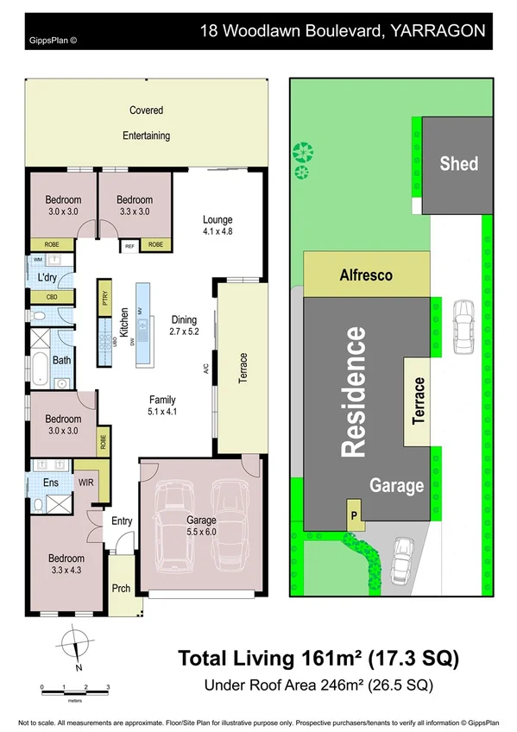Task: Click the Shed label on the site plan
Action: (458, 162)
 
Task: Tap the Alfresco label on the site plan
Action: (366, 275)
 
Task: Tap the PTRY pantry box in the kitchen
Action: (104, 299)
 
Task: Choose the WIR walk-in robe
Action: (85, 483)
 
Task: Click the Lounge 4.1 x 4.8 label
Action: (218, 224)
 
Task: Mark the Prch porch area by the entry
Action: (121, 589)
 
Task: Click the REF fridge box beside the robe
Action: (130, 245)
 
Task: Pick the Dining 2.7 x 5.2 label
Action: (184, 325)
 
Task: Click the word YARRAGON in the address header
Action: (438, 31)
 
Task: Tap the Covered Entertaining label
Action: (146, 123)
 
